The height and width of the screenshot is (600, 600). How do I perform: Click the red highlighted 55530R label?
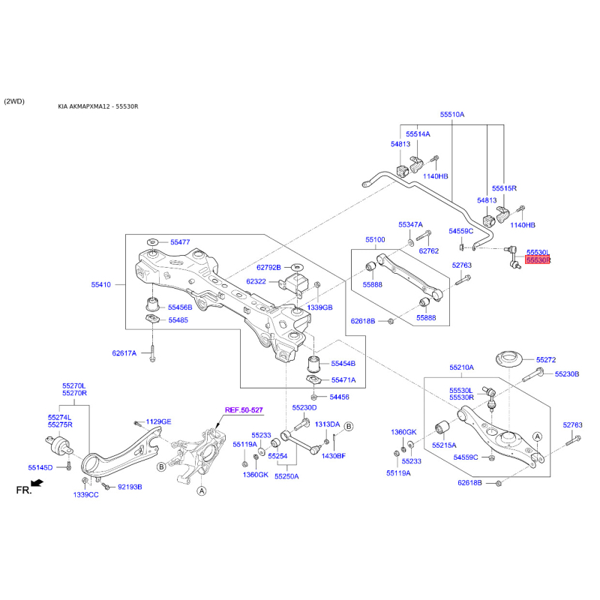click(x=538, y=260)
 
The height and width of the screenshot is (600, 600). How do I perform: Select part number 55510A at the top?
click(x=452, y=115)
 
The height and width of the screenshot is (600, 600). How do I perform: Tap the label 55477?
click(x=180, y=242)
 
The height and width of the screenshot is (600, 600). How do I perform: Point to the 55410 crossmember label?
click(x=101, y=285)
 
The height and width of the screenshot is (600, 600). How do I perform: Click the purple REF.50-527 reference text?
click(x=244, y=409)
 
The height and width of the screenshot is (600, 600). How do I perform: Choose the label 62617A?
click(x=124, y=352)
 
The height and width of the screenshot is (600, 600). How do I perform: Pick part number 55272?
click(x=545, y=360)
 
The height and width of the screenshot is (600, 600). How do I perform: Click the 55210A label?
click(x=462, y=367)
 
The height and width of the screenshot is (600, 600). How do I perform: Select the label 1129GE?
click(x=158, y=421)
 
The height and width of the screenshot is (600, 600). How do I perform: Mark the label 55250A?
click(x=286, y=475)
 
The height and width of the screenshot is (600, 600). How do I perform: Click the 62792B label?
click(x=268, y=267)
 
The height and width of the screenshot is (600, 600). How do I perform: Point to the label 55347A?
click(x=410, y=224)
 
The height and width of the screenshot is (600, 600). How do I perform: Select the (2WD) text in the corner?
click(x=14, y=100)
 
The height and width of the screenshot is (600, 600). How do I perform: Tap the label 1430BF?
click(x=334, y=455)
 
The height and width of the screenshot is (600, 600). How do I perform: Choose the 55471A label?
click(x=343, y=380)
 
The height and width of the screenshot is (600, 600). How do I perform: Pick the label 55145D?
click(x=40, y=467)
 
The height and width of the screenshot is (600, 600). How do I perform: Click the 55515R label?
click(x=505, y=188)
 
